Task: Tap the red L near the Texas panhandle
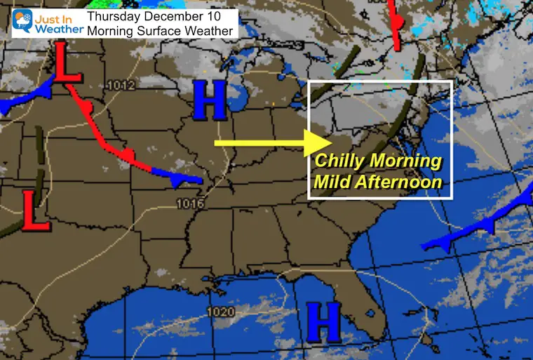click(36, 211)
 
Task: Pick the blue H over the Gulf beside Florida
click(323, 322)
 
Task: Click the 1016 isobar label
click(191, 204)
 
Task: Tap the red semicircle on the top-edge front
click(397, 23)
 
